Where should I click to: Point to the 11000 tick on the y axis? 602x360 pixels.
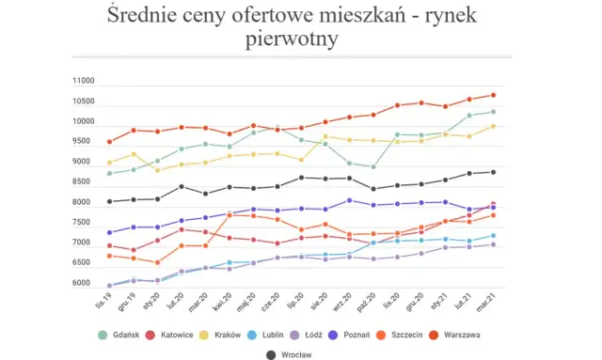[83, 82]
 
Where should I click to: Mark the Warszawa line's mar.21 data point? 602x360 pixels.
[493, 95]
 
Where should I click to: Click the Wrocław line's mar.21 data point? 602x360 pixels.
[493, 172]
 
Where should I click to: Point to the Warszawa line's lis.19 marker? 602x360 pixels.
[110, 142]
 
